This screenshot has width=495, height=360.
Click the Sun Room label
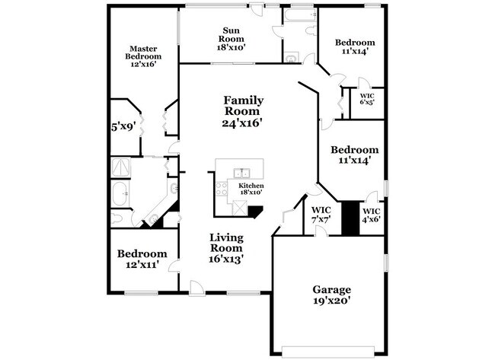(232, 38)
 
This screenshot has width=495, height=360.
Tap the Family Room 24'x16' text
(244, 111)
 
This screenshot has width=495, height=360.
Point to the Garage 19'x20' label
(331, 295)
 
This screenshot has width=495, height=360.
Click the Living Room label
(226, 247)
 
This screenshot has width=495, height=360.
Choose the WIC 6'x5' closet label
(367, 100)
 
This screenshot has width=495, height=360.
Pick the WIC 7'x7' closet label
(321, 214)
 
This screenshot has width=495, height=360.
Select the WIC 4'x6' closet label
(372, 215)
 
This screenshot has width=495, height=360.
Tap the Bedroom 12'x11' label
(142, 260)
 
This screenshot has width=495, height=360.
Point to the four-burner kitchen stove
(223, 191)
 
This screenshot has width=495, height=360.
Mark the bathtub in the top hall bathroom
(299, 16)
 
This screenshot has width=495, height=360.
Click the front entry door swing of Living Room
(196, 288)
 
